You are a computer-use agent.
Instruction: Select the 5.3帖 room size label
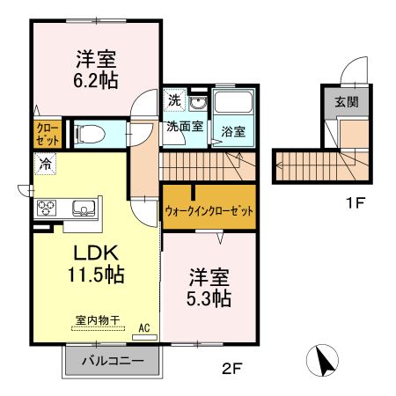coord(209,298)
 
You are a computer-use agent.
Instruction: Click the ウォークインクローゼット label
coord(208,211)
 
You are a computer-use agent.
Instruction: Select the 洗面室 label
coord(185,126)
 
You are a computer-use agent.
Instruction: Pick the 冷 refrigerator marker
coord(43,163)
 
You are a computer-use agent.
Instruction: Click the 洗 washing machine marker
coord(175,100)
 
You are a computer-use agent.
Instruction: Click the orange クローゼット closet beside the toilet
coord(48,133)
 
